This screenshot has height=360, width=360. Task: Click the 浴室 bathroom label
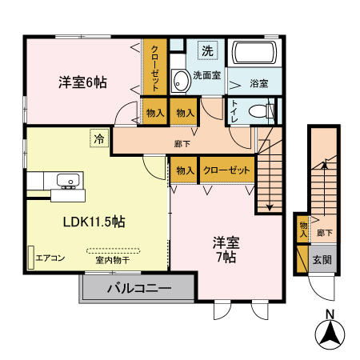(258, 82)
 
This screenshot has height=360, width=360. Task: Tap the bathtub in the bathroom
(254, 57)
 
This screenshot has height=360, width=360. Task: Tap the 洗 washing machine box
(207, 50)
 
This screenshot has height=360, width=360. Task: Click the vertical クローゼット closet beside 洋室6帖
(154, 66)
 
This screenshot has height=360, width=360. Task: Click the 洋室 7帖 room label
(224, 249)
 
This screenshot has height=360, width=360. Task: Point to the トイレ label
(234, 110)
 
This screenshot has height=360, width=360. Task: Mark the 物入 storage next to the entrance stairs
(302, 229)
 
